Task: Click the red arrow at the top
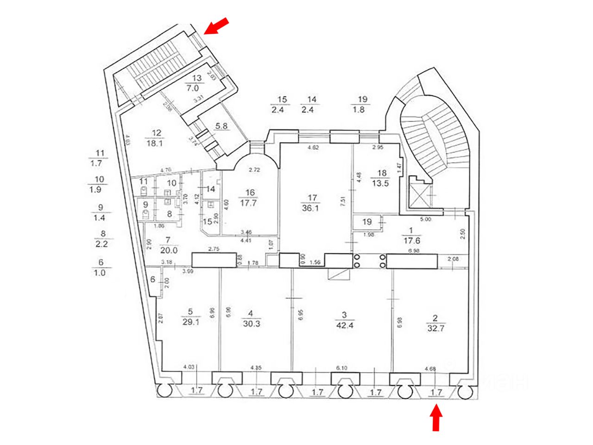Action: pyautogui.click(x=216, y=26)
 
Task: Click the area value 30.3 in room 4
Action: pyautogui.click(x=251, y=324)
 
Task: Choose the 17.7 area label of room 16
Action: pyautogui.click(x=251, y=202)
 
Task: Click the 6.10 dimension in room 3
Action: pyautogui.click(x=341, y=368)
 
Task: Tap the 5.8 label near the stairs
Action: pyautogui.click(x=221, y=125)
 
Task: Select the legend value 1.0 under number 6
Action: pyautogui.click(x=100, y=273)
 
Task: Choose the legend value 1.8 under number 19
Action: pyautogui.click(x=362, y=110)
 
